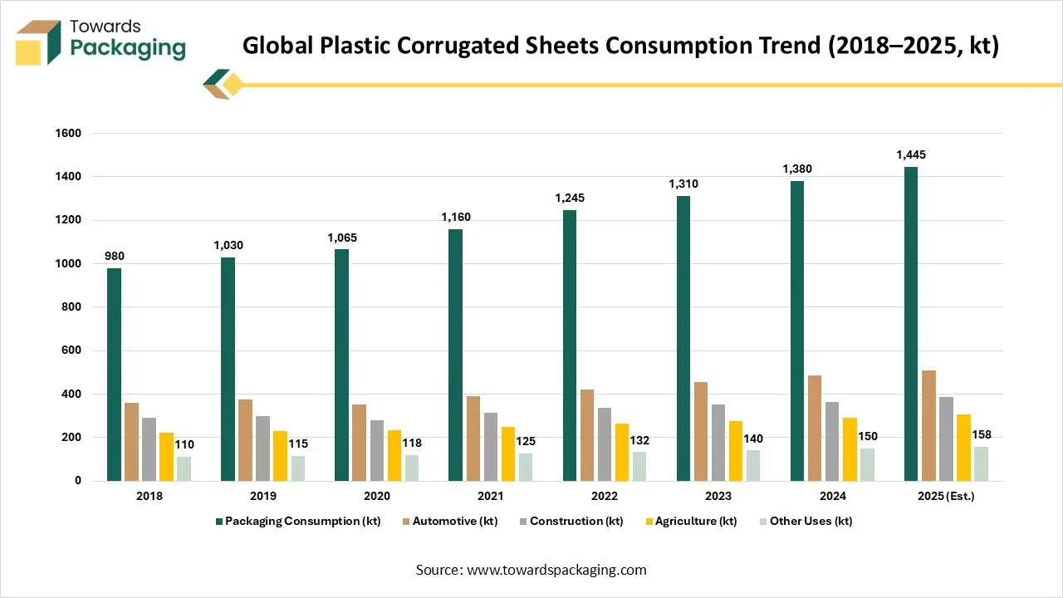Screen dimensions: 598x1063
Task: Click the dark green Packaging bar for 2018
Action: point(114,374)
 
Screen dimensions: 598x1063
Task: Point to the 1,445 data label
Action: point(910,154)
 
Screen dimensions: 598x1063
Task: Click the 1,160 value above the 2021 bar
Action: point(455,218)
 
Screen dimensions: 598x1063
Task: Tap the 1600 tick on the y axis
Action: point(68,134)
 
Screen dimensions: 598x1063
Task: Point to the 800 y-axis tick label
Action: point(71,307)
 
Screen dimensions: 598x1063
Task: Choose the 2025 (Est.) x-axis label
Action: point(945,497)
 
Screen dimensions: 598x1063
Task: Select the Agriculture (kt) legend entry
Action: point(696,522)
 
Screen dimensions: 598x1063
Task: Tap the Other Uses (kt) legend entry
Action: point(811,522)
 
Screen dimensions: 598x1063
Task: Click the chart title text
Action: point(620,46)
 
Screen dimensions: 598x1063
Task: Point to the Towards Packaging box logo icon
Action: point(38,43)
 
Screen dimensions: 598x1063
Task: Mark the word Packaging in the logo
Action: point(127,48)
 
